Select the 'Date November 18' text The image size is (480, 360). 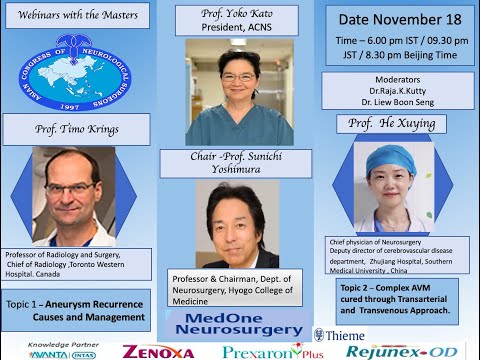click(x=400, y=19)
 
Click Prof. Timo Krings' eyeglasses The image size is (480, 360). click(x=71, y=187)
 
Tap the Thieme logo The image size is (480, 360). click(x=340, y=335)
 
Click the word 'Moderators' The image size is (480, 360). click(x=400, y=80)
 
